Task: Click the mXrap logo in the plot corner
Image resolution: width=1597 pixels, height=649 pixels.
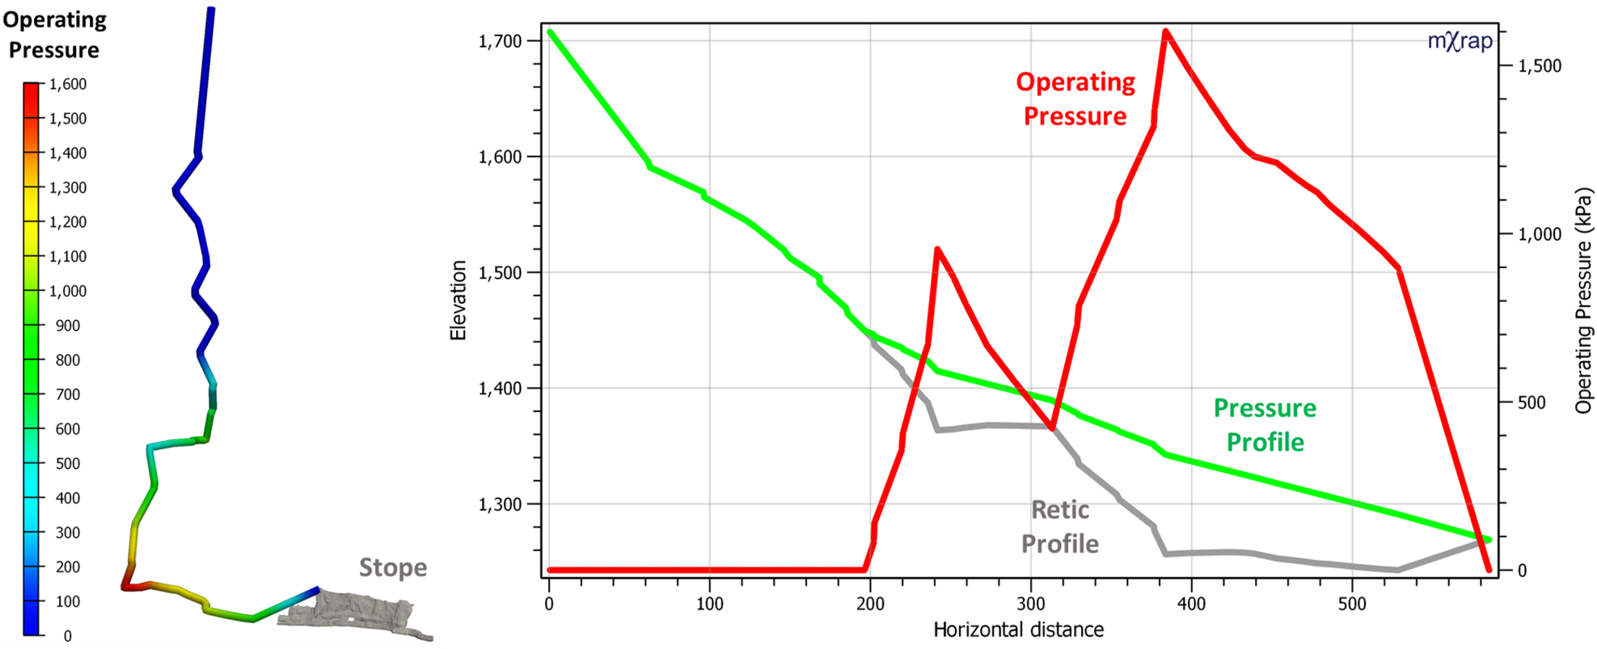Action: [1460, 40]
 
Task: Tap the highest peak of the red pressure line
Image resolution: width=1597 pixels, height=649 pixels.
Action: [1165, 32]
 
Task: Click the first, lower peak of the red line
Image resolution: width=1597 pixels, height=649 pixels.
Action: [936, 249]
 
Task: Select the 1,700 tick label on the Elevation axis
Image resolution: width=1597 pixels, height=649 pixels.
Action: [500, 41]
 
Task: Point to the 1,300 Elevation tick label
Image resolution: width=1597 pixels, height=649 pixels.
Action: [500, 504]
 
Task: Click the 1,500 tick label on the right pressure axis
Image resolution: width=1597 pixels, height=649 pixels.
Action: [1540, 66]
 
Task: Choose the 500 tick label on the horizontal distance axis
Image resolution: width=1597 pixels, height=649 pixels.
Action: [1352, 604]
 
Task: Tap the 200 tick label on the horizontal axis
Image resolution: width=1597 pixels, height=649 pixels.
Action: [870, 604]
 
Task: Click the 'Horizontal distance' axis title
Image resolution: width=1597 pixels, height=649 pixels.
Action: [1018, 630]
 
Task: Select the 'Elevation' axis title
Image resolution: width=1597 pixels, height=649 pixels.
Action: [458, 300]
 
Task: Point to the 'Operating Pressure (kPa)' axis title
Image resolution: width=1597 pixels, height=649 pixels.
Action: [1582, 301]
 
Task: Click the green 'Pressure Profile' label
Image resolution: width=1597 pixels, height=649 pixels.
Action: [1265, 425]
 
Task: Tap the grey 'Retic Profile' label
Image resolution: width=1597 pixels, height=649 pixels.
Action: [1059, 527]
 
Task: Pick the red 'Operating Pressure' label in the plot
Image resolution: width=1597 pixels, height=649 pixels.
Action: [1075, 99]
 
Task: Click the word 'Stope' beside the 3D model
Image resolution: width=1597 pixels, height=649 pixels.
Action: [393, 567]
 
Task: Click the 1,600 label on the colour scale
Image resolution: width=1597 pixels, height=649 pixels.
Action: [68, 84]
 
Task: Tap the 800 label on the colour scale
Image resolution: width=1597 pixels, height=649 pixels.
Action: [68, 360]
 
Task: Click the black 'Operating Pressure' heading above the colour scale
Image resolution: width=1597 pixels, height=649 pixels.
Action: [54, 35]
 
